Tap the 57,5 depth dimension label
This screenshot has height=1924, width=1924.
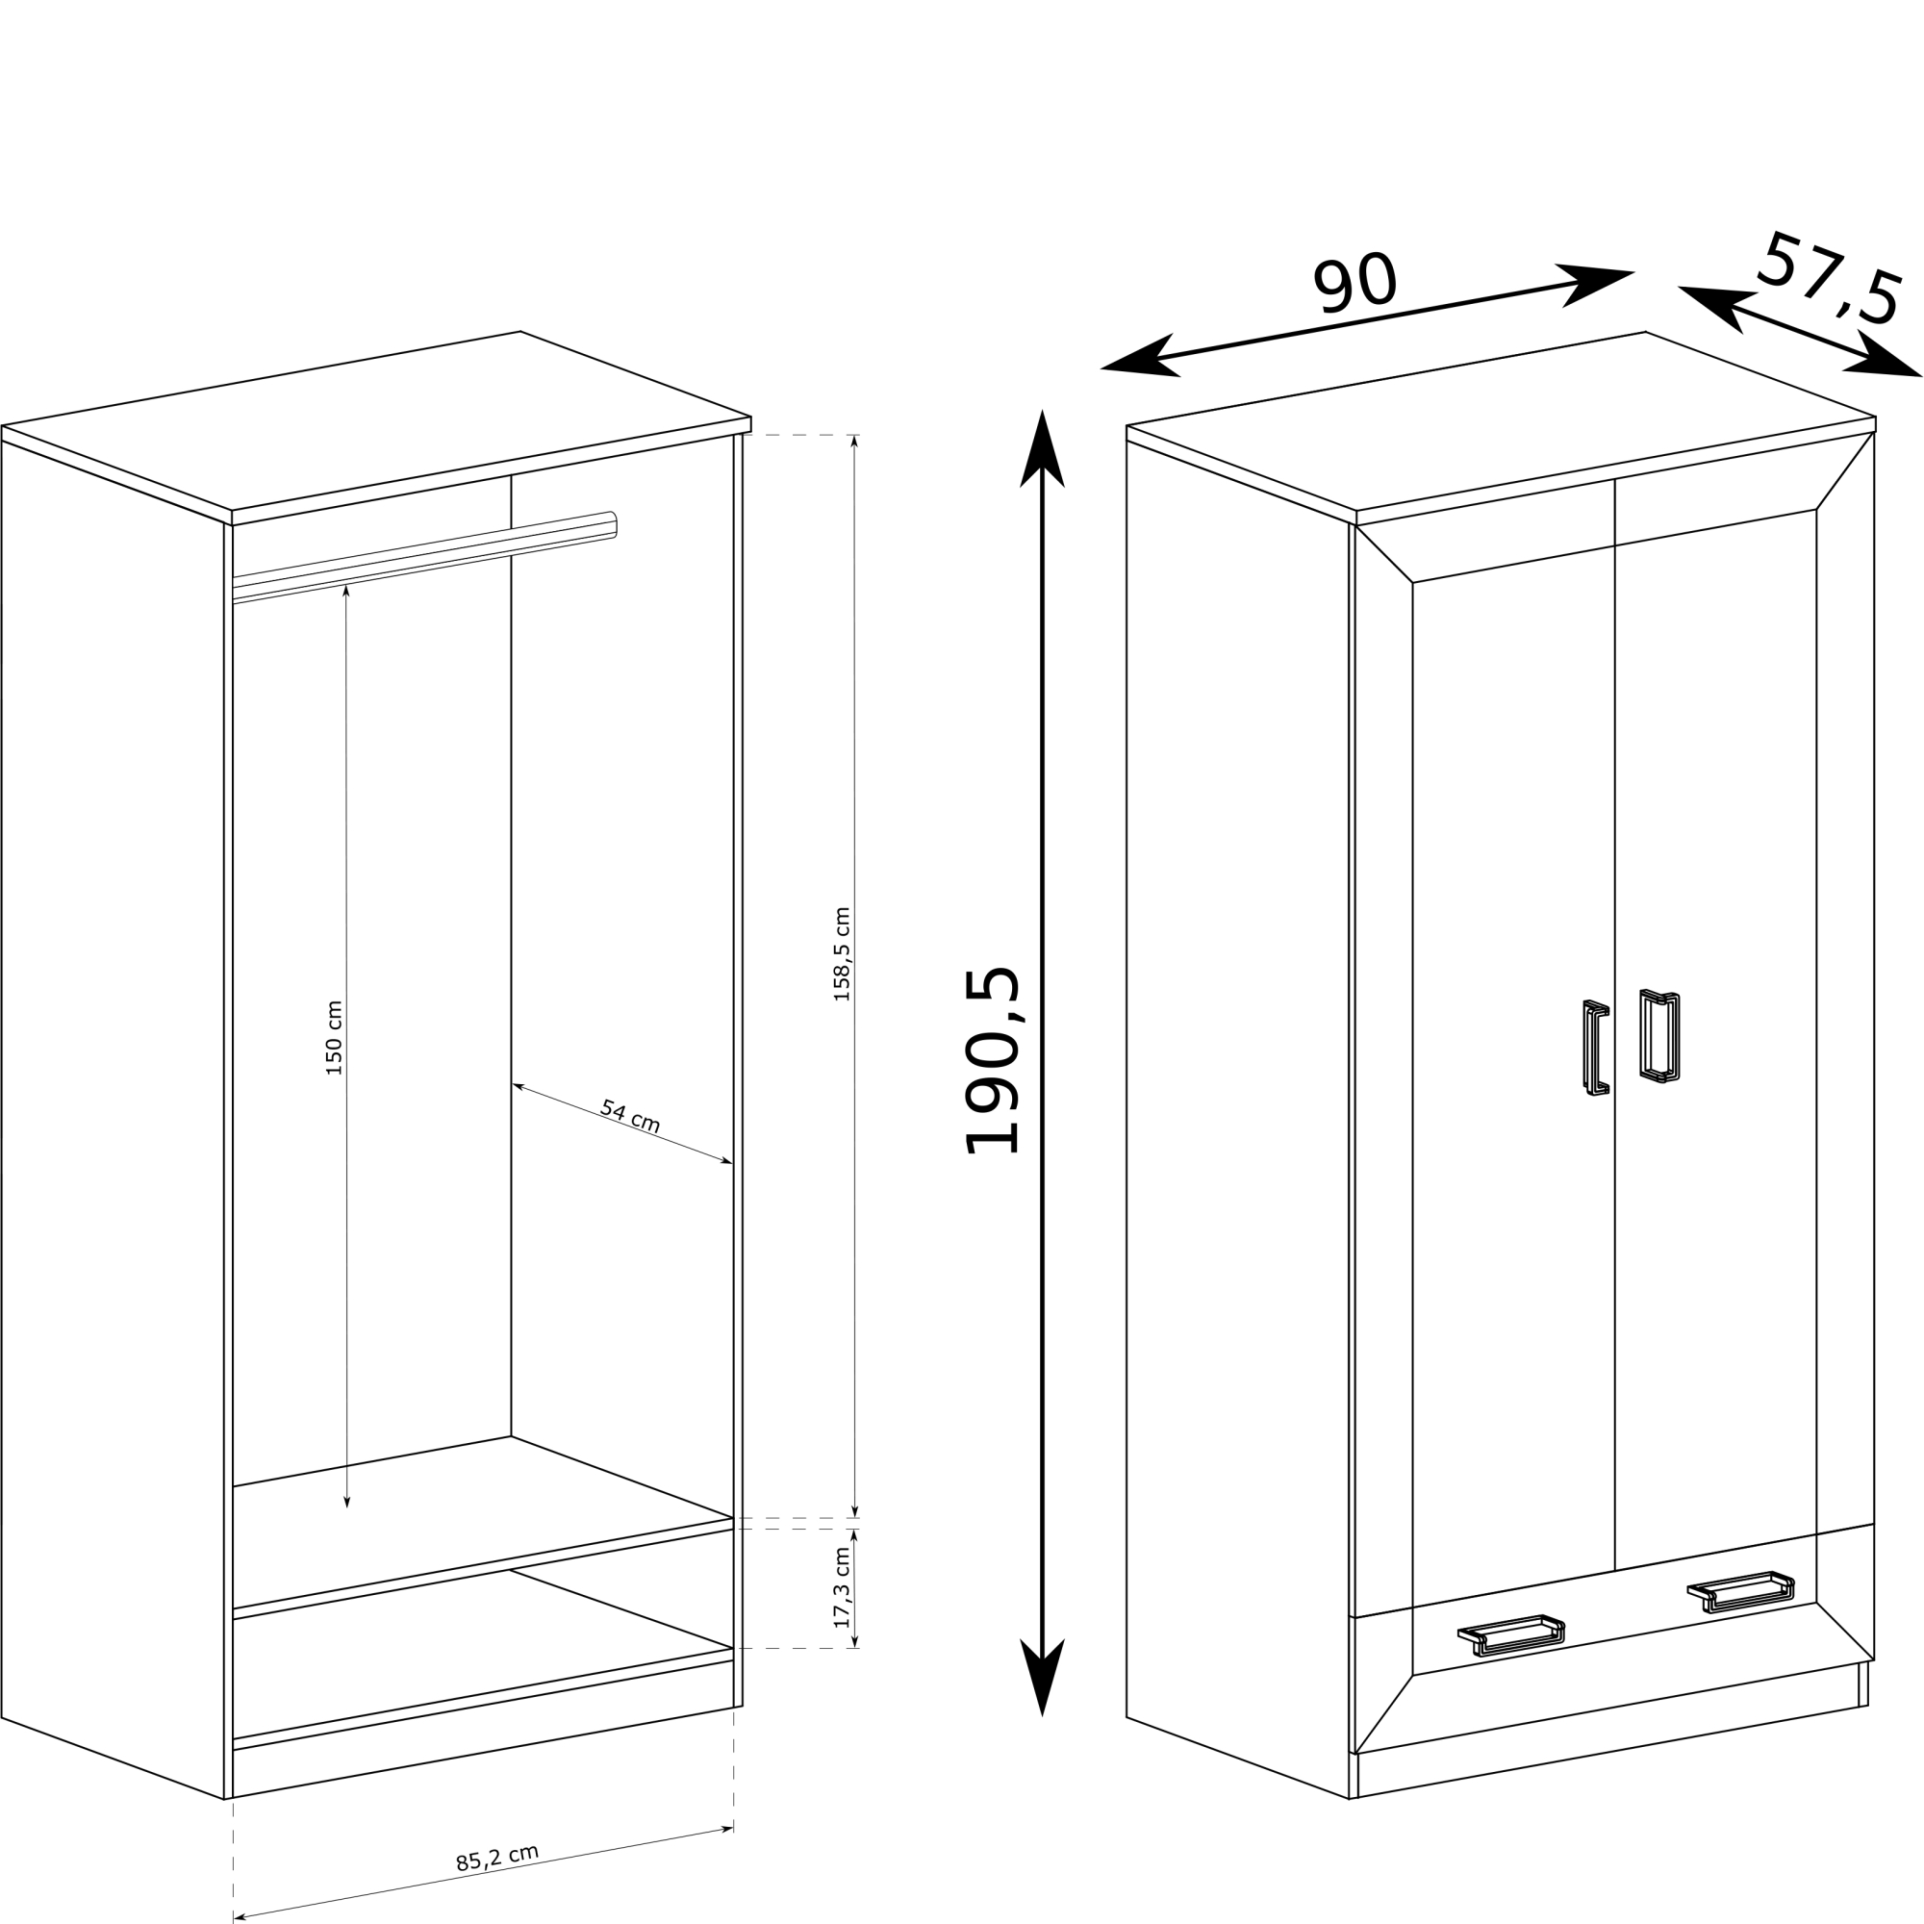[x=1831, y=280]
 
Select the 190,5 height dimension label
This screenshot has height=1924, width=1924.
[x=992, y=1060]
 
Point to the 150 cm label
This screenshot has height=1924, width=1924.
[x=334, y=1038]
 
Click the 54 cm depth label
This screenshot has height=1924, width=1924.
[x=630, y=1116]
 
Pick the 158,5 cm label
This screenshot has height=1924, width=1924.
[x=842, y=954]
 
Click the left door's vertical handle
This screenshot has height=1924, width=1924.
[x=1596, y=1048]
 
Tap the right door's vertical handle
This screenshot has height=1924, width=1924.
[x=1660, y=1036]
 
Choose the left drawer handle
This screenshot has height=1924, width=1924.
[x=1511, y=1635]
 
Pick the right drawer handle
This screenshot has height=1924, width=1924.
[x=1741, y=1591]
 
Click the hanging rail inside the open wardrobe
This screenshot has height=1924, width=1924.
[x=425, y=558]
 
